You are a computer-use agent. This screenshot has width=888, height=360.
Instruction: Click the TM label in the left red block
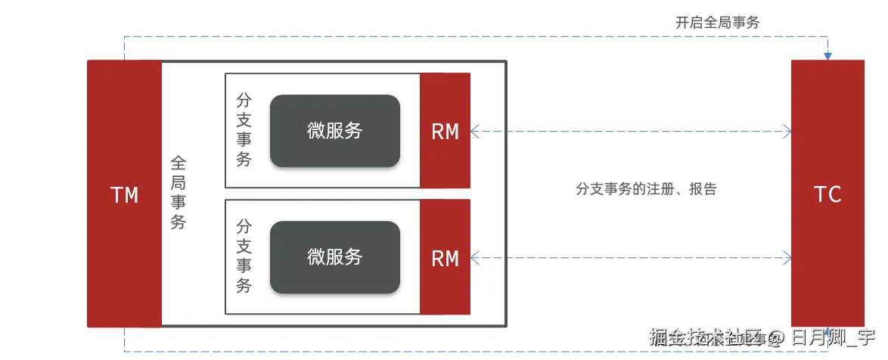(x=125, y=195)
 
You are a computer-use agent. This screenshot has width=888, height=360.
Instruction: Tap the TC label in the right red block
(x=827, y=194)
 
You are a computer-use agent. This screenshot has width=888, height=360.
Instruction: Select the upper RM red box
(x=445, y=131)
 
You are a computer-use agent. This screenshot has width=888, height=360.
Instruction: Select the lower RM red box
(x=445, y=258)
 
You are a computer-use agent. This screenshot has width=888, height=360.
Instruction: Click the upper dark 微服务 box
(x=334, y=130)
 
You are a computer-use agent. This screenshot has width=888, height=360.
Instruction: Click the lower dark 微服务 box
(x=334, y=257)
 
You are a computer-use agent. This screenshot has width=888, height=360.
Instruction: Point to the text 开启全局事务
(x=717, y=22)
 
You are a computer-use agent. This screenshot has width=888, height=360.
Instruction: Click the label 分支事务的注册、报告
(x=645, y=188)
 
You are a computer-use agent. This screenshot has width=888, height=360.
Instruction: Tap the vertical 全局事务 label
(x=179, y=193)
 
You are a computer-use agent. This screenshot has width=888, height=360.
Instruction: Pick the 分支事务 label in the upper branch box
(x=244, y=130)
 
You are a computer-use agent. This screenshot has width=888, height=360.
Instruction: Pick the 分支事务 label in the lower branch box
(x=244, y=256)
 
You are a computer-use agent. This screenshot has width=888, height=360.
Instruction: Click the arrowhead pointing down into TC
(x=827, y=56)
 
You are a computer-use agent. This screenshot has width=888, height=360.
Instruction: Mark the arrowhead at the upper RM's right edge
(x=474, y=132)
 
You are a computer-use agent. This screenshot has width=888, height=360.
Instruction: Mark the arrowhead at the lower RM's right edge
(x=474, y=259)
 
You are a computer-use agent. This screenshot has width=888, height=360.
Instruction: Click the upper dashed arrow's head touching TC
(x=787, y=132)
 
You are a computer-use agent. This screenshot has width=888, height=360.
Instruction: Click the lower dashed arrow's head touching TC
(x=787, y=259)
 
